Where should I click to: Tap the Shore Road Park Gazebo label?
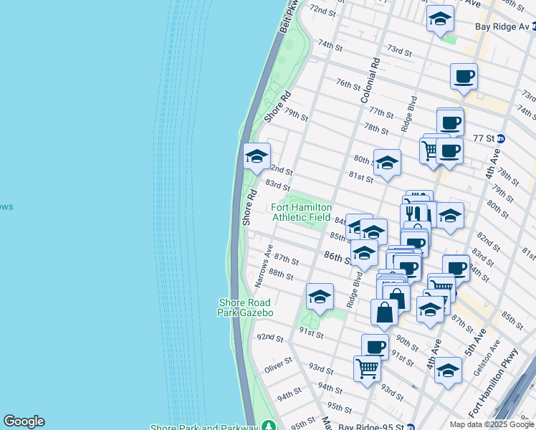(245, 307)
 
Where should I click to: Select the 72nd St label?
(322, 10)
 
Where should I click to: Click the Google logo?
(24, 421)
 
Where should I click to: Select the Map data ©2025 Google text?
(492, 424)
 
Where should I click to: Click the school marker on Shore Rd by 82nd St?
(256, 157)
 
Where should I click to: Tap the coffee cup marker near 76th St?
(464, 77)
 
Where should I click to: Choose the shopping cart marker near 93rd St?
(367, 368)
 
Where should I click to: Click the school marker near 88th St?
(320, 296)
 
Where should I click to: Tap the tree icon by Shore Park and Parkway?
(267, 426)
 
